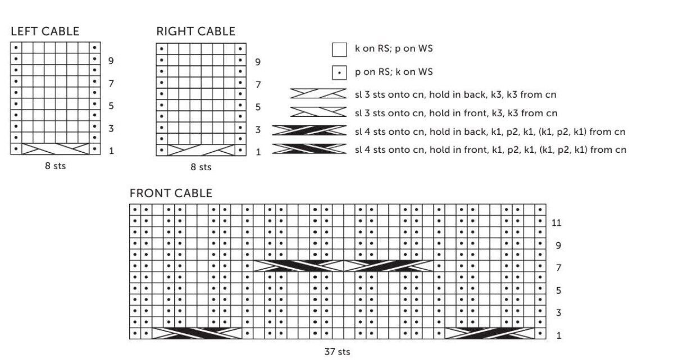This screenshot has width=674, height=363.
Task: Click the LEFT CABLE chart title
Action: (45, 31)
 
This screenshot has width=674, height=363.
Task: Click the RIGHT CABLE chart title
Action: (195, 31)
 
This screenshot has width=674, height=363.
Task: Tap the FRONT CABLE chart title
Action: (171, 193)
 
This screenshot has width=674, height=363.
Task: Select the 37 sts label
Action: (337, 352)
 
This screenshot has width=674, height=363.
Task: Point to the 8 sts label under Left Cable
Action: (55, 166)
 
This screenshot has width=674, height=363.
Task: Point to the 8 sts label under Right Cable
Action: (201, 167)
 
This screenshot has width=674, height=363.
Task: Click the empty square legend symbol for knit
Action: (339, 50)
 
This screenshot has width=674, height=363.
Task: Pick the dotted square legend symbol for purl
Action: (339, 73)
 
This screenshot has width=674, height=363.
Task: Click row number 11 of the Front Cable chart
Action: (556, 223)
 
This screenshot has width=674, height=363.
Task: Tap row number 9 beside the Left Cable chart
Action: (111, 61)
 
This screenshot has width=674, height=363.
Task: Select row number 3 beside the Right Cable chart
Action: (258, 130)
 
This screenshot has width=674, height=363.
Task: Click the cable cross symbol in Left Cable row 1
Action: (55, 149)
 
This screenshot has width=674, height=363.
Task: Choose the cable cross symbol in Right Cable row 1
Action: (201, 150)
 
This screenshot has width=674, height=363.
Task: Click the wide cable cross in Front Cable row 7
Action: (343, 266)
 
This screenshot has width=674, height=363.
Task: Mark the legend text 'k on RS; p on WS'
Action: (394, 49)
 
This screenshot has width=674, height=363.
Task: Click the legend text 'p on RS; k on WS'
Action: (394, 72)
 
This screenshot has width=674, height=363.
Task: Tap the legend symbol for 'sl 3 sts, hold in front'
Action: (318, 112)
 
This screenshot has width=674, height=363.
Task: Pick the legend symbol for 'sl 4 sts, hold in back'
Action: (309, 131)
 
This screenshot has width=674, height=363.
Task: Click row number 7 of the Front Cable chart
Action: (558, 268)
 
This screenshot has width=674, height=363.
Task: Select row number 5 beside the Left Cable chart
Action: (111, 106)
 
